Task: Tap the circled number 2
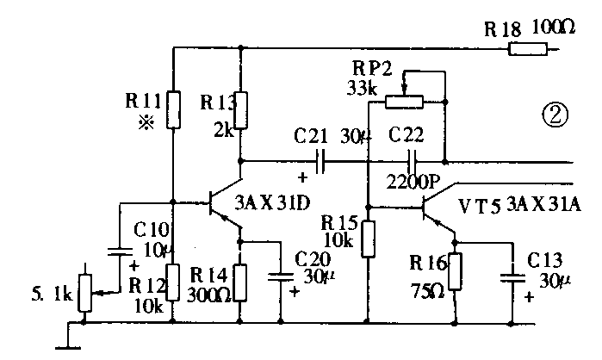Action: coord(555,114)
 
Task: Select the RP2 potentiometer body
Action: coord(403,102)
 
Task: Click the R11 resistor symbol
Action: coord(173,109)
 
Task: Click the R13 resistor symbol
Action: coord(241,110)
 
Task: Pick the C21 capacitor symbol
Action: coord(320,160)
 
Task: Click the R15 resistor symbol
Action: coord(368,239)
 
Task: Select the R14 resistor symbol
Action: coord(241,281)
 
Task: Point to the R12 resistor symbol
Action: coord(173,281)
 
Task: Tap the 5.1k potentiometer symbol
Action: coord(84,293)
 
